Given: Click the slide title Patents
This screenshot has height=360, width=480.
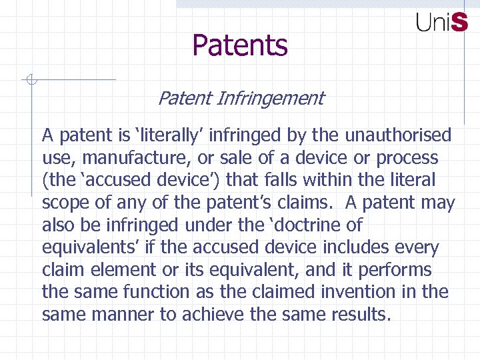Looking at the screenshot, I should (240, 46).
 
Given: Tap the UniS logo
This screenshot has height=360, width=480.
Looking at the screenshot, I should (441, 23).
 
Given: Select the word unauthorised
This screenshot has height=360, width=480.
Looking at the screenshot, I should (398, 136).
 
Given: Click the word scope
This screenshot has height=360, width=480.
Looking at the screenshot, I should (64, 203).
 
